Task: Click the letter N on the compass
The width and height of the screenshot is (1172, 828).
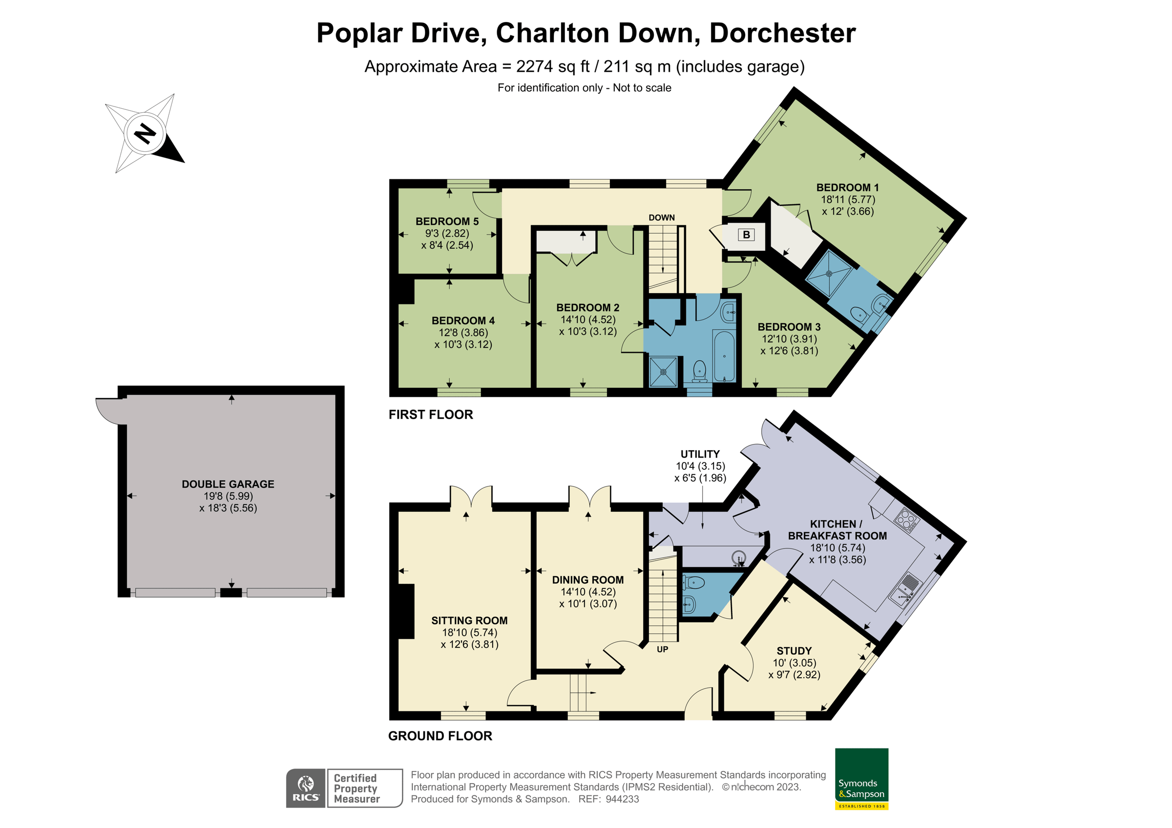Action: (x=145, y=134)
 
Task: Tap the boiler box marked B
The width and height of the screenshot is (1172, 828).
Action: (x=746, y=235)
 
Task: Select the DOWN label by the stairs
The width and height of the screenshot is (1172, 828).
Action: (x=662, y=218)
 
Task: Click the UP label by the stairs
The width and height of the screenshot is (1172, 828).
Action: (x=662, y=649)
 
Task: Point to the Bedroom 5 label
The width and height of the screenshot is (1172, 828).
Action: (x=447, y=222)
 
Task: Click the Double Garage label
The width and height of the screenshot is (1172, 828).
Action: (x=228, y=484)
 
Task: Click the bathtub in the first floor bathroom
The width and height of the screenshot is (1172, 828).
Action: (x=724, y=356)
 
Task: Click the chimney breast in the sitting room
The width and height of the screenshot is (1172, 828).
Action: (x=406, y=611)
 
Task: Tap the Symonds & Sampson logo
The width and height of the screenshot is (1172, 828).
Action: (x=861, y=779)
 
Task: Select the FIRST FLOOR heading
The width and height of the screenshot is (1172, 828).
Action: (x=430, y=415)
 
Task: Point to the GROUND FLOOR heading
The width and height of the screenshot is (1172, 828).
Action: (x=440, y=736)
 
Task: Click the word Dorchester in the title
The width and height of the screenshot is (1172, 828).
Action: (x=782, y=33)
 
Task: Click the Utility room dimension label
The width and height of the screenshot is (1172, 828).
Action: (x=700, y=466)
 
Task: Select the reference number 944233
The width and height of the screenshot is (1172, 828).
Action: (x=622, y=799)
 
